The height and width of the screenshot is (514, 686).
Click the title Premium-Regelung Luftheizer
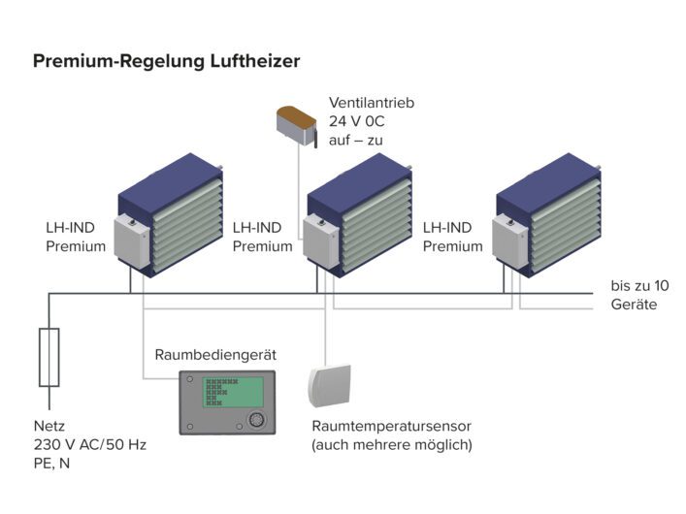(x=166, y=61)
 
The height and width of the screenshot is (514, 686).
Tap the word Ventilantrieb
(x=372, y=103)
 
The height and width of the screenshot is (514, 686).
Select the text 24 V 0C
(x=358, y=121)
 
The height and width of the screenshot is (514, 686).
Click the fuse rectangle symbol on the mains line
(x=48, y=357)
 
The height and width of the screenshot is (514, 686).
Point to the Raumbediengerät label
(x=215, y=355)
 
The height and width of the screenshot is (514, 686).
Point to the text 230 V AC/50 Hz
(x=89, y=444)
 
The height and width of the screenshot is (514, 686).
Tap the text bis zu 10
(x=639, y=286)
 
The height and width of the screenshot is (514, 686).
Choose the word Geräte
(x=634, y=305)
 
